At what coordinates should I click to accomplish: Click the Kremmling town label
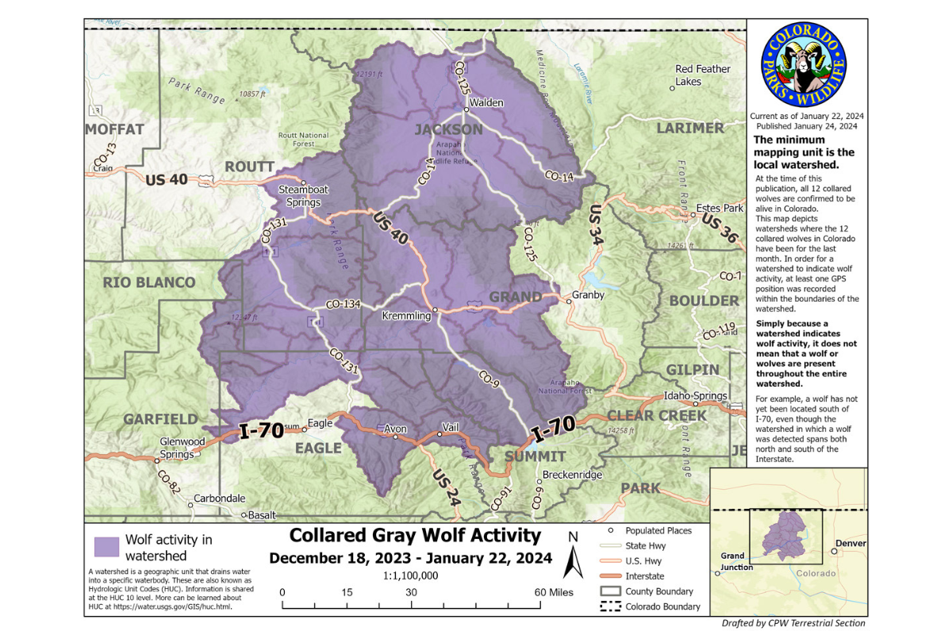coord(406,316)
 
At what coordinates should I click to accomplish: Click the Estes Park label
coord(720,209)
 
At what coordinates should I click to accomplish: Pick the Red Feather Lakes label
coord(702,75)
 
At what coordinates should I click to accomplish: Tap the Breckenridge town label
coord(572,475)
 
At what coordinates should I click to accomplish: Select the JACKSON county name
coord(448,129)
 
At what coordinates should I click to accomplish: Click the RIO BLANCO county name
coord(149,283)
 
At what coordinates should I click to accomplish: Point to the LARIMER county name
coord(689,128)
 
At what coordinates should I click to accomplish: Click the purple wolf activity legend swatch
coord(106,547)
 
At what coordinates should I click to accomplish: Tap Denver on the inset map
coord(849,543)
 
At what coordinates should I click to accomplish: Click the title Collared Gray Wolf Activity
coord(415,536)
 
